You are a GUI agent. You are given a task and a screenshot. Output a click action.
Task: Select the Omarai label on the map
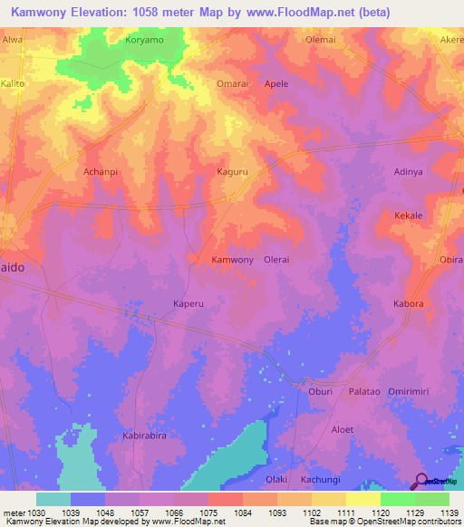point(232,83)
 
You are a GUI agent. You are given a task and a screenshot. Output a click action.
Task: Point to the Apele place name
point(276,83)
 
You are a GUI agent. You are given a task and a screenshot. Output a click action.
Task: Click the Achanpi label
point(101,171)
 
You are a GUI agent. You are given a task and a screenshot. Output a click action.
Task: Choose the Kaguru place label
point(233,171)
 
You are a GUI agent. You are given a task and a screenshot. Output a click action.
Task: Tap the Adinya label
point(409,171)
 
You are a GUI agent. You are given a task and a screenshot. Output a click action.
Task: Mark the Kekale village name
point(409,216)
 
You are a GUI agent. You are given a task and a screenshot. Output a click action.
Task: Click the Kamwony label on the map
point(232,260)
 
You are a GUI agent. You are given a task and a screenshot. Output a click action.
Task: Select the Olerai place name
point(276,260)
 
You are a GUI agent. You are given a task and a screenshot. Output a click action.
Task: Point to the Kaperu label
point(188,303)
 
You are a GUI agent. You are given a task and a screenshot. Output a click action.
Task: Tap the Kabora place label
point(409,303)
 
